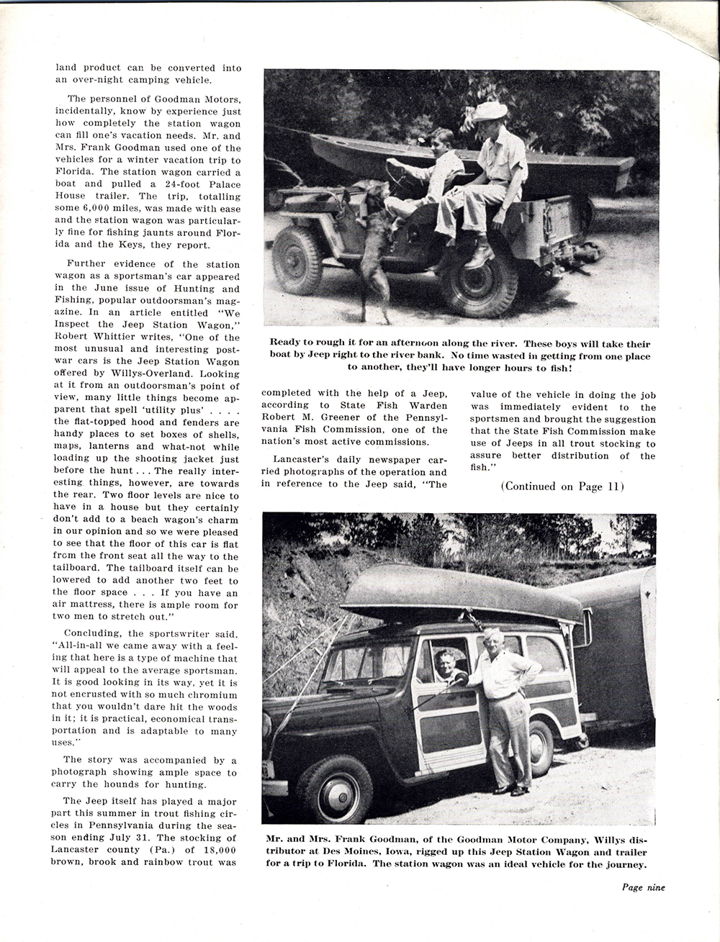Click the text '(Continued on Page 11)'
[561, 486]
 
